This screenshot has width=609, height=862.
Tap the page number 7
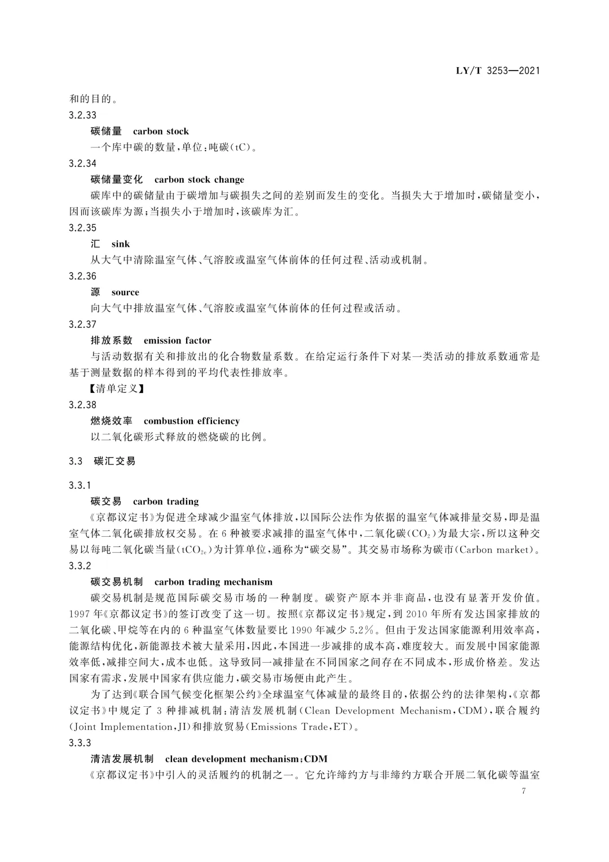pos(524,791)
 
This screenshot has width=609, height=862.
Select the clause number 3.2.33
pos(82,115)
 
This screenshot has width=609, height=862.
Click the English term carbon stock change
pos(199,180)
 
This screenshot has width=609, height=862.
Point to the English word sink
pos(121,244)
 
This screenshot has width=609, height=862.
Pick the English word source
pos(125,292)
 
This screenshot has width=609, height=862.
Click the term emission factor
pos(177,340)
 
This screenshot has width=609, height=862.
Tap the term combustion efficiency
pos(191,421)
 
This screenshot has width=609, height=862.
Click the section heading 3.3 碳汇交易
pos(102,461)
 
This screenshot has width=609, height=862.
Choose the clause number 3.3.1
pos(80,485)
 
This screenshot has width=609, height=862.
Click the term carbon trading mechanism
pos(213,582)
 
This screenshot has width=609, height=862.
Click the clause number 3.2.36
pos(82,276)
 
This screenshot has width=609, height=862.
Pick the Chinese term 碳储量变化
pos(117,180)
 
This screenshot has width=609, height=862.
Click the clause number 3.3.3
pos(80,743)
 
